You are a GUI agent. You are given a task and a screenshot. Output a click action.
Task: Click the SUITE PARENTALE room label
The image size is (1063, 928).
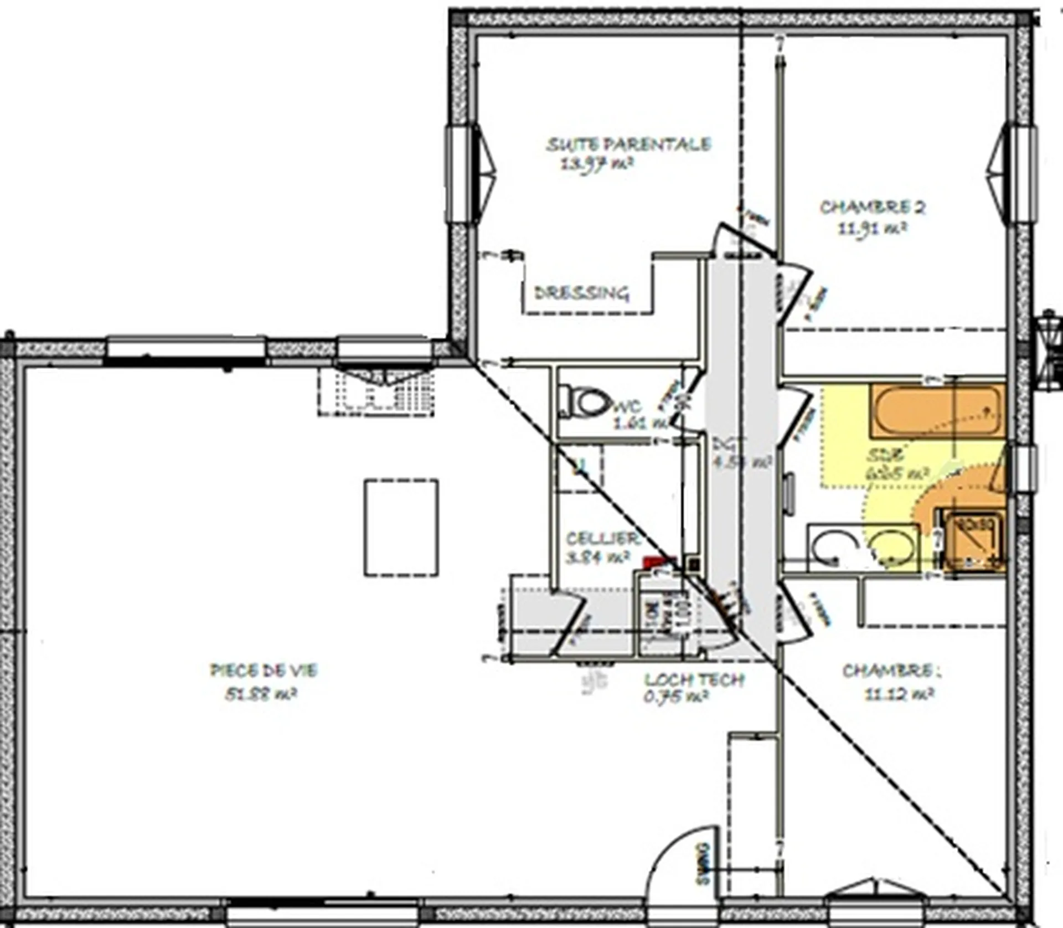coord(628,145)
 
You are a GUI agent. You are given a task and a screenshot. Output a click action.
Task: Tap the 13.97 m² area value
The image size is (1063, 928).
coord(597,164)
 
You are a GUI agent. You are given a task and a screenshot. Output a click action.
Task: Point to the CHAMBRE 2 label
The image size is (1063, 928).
coord(873,208)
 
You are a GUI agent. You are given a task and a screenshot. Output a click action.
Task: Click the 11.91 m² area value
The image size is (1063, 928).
coord(873,228)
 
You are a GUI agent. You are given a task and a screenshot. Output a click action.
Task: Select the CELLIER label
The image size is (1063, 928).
coord(602,538)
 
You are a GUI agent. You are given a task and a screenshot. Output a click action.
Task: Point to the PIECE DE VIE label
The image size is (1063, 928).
coord(264,671)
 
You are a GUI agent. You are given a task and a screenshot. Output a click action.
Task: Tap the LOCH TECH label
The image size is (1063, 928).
coord(694,679)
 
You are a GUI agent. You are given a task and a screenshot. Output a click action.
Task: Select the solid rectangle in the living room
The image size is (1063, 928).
coord(401,528)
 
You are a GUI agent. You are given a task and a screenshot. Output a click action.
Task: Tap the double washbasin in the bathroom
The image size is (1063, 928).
coord(864,547)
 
